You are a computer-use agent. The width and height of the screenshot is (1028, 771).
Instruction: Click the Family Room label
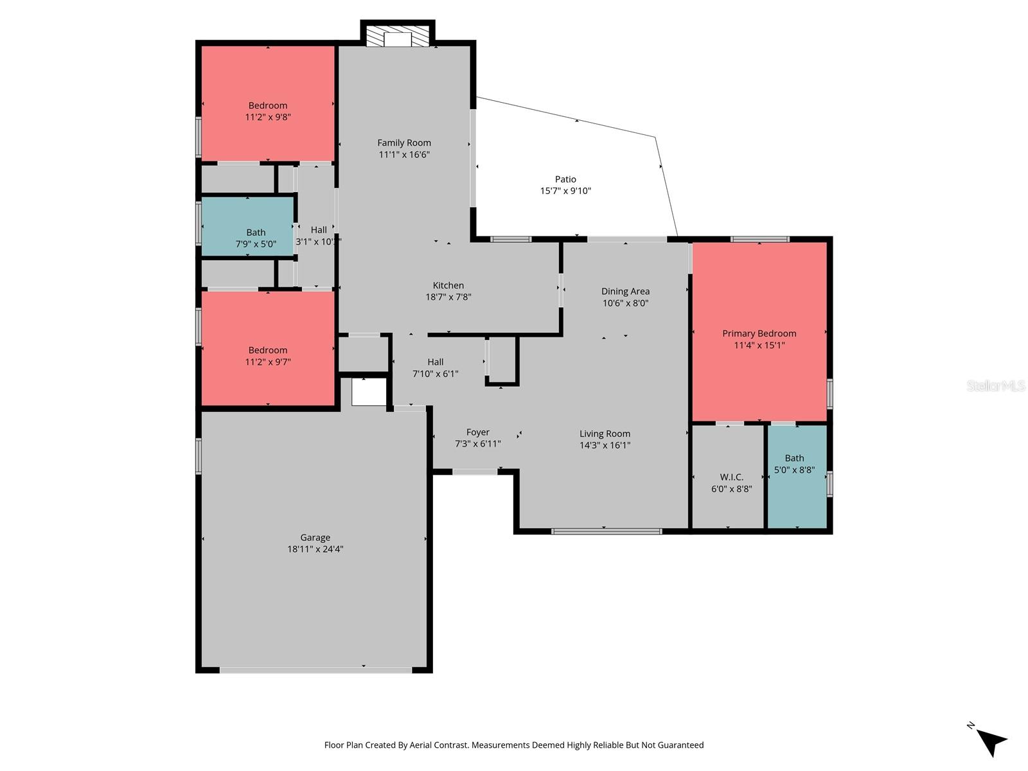pos(403,143)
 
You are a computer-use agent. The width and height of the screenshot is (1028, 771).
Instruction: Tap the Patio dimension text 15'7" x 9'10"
pos(565,191)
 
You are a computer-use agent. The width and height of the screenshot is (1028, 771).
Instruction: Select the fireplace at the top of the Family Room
pos(397,36)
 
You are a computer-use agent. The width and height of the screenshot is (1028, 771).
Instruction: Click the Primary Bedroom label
pos(759,333)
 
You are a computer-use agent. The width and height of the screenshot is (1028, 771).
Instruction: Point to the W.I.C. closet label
pos(731,477)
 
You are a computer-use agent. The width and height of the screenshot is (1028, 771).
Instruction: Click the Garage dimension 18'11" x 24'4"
pos(315,549)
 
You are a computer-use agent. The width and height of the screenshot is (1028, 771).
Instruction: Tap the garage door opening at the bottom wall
pos(315,670)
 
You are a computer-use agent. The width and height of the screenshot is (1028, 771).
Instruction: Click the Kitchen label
pos(448,285)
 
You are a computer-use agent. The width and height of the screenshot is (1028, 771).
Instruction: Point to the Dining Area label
pos(625,292)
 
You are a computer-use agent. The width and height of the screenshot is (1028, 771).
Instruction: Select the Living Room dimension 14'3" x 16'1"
pos(605,445)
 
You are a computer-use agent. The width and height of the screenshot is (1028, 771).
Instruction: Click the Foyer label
pos(477,432)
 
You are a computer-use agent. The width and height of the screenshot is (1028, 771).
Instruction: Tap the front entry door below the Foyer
pos(474,472)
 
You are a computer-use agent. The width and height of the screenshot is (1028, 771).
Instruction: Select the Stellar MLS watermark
pos(996,386)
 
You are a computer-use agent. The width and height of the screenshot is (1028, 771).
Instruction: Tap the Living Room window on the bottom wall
pos(607,531)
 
